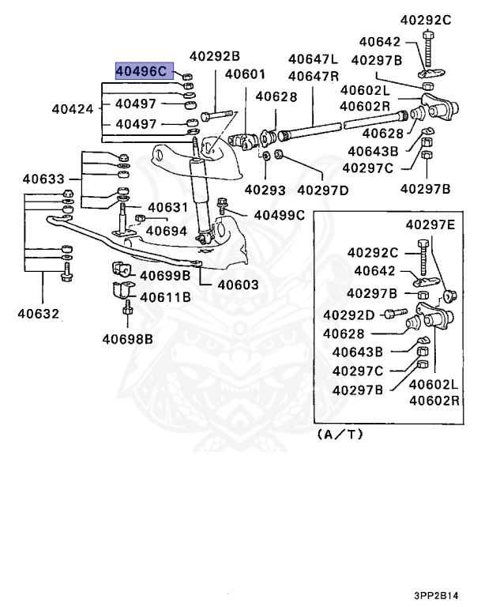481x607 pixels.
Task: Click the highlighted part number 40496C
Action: point(141,71)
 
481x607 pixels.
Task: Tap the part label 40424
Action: point(73,109)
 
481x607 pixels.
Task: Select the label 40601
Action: point(245,74)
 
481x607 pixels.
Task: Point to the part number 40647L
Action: point(313,59)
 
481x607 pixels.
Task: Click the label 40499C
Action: point(279,215)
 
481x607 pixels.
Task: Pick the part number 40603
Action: point(238,285)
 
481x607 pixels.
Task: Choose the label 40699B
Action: point(165,276)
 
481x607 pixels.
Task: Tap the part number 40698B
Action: point(128,339)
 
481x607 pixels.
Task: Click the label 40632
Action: point(39,314)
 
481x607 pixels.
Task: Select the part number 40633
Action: point(43,179)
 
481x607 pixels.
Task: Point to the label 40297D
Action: point(323,190)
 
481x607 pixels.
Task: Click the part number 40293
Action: point(265,190)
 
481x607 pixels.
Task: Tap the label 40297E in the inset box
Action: point(430,224)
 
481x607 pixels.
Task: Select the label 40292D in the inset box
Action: point(348,315)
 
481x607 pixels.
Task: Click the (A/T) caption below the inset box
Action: point(340,435)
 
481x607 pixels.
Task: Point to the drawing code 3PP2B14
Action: point(436,595)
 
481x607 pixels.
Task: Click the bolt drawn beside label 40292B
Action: point(216,115)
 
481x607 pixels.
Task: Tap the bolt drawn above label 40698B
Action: point(128,307)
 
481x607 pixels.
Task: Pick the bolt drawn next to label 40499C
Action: point(222,206)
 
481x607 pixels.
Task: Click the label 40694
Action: point(167,231)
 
